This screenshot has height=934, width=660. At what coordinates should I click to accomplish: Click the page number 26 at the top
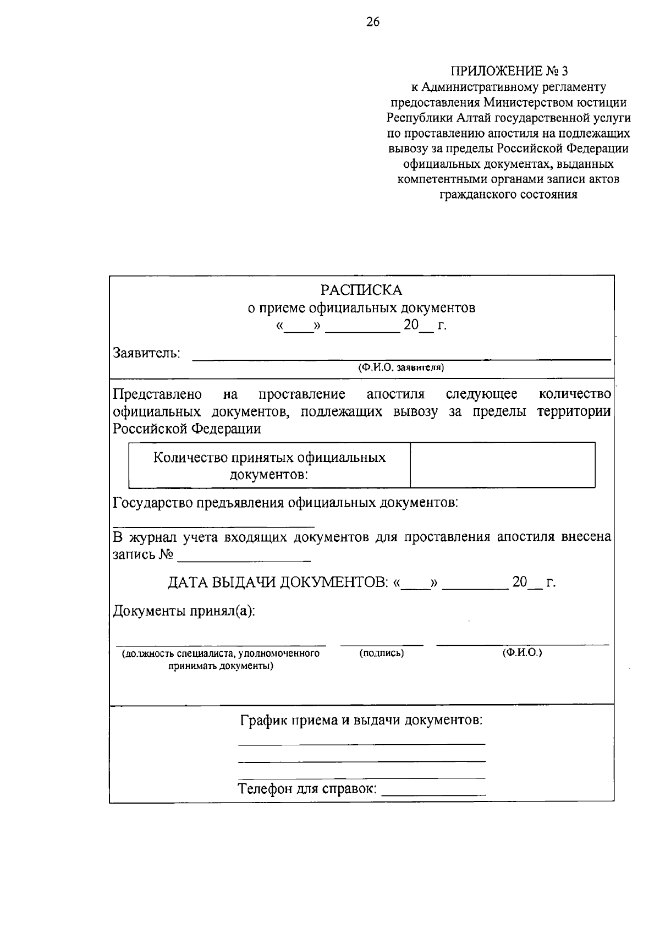pyautogui.click(x=372, y=22)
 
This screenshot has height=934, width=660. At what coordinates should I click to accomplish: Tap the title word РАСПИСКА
pyautogui.click(x=362, y=290)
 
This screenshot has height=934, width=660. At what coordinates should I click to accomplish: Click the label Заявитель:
pyautogui.click(x=147, y=353)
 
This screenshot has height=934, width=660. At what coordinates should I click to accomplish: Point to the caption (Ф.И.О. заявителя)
pyautogui.click(x=401, y=367)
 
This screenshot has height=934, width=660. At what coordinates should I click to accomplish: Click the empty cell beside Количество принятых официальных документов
pyautogui.click(x=502, y=465)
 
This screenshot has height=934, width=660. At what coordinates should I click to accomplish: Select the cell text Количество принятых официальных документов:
pyautogui.click(x=269, y=465)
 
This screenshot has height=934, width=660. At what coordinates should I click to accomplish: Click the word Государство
pyautogui.click(x=152, y=502)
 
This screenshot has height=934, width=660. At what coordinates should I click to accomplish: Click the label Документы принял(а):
pyautogui.click(x=184, y=611)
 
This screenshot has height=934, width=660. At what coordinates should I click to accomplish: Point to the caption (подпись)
pyautogui.click(x=382, y=653)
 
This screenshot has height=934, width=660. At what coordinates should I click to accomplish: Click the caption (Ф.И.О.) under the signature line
pyautogui.click(x=522, y=652)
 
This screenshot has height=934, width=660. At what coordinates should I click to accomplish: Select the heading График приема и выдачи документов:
pyautogui.click(x=361, y=720)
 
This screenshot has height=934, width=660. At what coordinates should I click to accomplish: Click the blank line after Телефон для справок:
pyautogui.click(x=433, y=792)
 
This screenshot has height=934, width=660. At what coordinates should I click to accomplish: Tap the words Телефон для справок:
pyautogui.click(x=307, y=789)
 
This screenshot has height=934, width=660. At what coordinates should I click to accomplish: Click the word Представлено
pyautogui.click(x=157, y=394)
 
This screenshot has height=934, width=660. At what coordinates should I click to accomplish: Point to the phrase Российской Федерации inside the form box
pyautogui.click(x=187, y=429)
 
